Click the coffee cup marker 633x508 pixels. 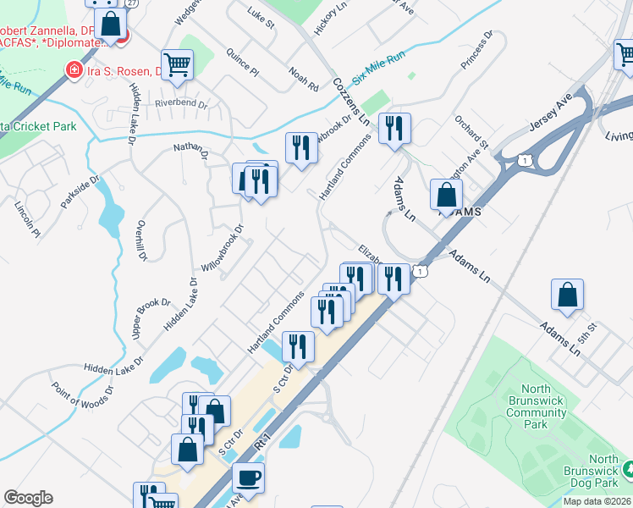248,478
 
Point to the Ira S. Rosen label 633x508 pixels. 128,69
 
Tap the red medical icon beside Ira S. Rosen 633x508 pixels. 74,69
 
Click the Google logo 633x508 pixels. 28,498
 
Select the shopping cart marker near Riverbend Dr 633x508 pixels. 177,64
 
